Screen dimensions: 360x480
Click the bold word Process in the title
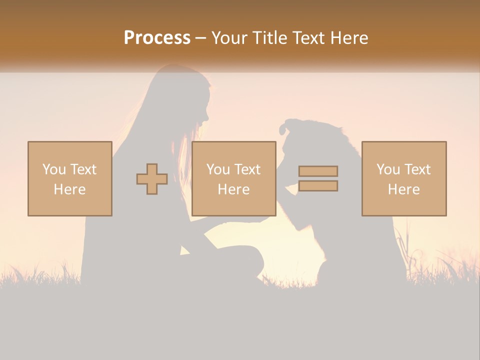click(157, 38)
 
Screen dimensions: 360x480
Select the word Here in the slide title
click(348, 38)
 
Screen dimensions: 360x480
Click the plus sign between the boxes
click(152, 179)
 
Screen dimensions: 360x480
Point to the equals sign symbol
click(318, 178)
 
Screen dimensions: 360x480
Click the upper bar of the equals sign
click(318, 171)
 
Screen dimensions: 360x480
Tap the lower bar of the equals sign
click(318, 185)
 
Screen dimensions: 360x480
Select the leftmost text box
click(70, 178)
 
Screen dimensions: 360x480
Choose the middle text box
click(234, 178)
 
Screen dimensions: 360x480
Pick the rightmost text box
click(404, 178)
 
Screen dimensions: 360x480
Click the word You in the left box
click(54, 169)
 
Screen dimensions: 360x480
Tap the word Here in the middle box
click(234, 189)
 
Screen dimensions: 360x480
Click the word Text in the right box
click(417, 169)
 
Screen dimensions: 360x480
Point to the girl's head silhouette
click(185, 95)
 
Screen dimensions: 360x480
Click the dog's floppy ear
click(284, 128)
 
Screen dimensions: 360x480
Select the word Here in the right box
click(404, 189)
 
